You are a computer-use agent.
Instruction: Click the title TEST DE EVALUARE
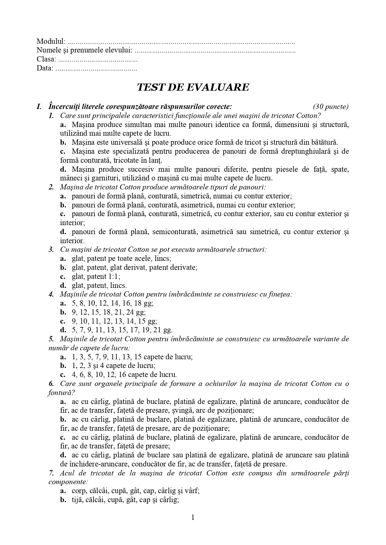(x=193, y=87)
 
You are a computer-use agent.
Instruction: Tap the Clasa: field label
(x=46, y=59)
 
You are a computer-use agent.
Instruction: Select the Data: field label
(x=45, y=68)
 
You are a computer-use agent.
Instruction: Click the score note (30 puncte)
(x=331, y=107)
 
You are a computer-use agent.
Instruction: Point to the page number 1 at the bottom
(x=193, y=517)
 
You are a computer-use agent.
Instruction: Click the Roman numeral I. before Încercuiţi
(x=39, y=107)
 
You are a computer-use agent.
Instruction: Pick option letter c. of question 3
(x=63, y=276)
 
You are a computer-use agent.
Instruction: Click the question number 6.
(x=51, y=384)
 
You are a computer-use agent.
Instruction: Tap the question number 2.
(x=51, y=187)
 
